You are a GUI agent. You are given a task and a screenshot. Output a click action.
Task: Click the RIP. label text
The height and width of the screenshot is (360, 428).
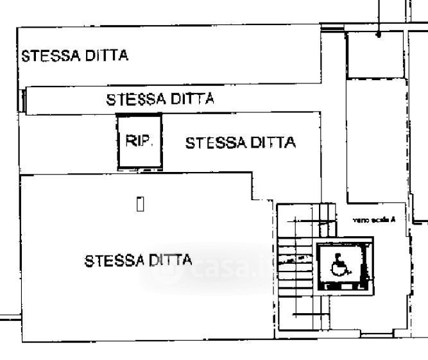(139, 141)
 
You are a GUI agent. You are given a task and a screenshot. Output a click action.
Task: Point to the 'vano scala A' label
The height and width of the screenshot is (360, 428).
(373, 220)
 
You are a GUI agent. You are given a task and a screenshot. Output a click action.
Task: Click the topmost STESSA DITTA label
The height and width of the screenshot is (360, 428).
(74, 55)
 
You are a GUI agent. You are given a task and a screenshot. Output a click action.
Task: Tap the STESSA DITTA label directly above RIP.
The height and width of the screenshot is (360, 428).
(160, 99)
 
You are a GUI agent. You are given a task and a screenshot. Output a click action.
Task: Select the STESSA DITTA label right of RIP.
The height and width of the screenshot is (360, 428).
(240, 142)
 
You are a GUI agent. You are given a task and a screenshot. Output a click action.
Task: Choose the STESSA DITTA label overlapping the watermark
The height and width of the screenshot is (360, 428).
(138, 261)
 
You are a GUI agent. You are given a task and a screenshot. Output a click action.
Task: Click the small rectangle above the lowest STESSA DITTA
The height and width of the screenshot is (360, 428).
(140, 204)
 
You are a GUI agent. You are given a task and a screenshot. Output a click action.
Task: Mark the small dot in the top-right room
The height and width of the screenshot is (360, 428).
(379, 35)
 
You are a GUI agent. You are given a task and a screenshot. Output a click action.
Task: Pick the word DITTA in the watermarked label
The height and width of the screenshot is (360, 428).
(170, 261)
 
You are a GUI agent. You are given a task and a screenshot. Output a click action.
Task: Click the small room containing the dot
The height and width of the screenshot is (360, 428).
(375, 55)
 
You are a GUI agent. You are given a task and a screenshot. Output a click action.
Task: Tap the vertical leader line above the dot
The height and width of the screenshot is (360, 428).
(379, 16)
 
